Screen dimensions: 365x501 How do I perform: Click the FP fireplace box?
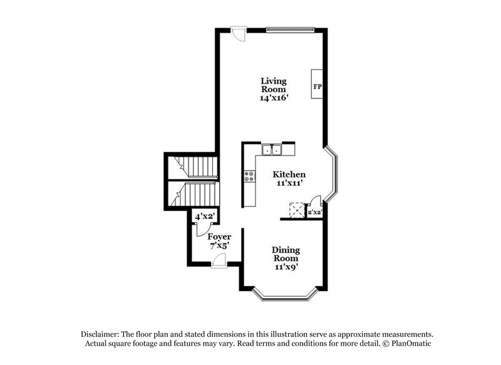tap(317, 85)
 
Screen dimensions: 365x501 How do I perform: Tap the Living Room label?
tap(274, 85)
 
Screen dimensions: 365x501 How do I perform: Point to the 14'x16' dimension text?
tap(274, 98)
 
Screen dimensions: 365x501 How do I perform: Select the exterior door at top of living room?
tap(237, 31)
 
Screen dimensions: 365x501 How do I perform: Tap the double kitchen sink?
tap(272, 149)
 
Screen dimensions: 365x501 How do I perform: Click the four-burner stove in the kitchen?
tap(250, 177)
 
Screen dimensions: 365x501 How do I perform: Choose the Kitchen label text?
tap(289, 174)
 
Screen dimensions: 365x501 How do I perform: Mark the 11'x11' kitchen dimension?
tap(289, 184)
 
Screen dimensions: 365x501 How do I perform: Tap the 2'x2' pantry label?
tap(314, 213)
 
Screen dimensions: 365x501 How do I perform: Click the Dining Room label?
tap(285, 254)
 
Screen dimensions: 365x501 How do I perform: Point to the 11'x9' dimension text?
tap(285, 267)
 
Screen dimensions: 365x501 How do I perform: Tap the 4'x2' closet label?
tap(205, 216)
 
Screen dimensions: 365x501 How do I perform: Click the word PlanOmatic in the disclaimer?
tap(411, 344)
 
